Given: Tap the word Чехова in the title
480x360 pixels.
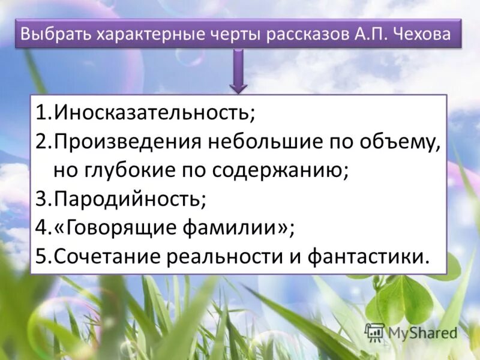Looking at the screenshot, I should (x=422, y=34).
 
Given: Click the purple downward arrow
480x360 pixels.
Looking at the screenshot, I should (x=238, y=72).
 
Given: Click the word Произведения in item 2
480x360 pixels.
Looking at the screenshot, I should (x=128, y=142).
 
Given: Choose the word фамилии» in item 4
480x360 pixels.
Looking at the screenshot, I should (x=236, y=228).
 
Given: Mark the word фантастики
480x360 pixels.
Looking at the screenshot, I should (x=368, y=256).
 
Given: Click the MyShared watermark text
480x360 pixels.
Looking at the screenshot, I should (x=422, y=332).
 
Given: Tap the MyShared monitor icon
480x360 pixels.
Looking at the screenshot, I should (x=375, y=331).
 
